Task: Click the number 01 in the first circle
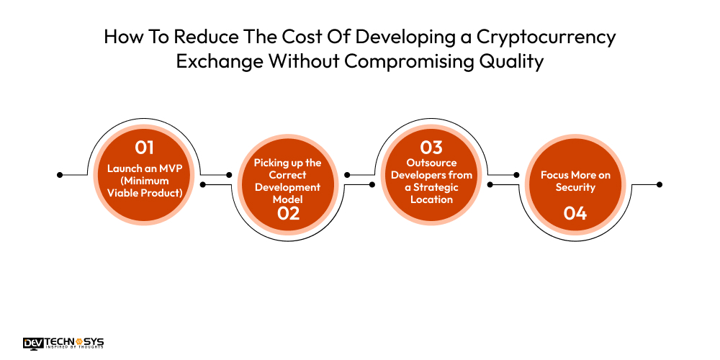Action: (145, 148)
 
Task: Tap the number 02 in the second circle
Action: (288, 212)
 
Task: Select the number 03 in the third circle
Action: (431, 148)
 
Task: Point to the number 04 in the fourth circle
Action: (575, 213)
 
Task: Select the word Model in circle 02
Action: (288, 198)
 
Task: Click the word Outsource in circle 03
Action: (431, 163)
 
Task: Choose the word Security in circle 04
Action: (575, 187)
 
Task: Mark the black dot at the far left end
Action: (60, 174)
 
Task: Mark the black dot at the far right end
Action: (660, 184)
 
